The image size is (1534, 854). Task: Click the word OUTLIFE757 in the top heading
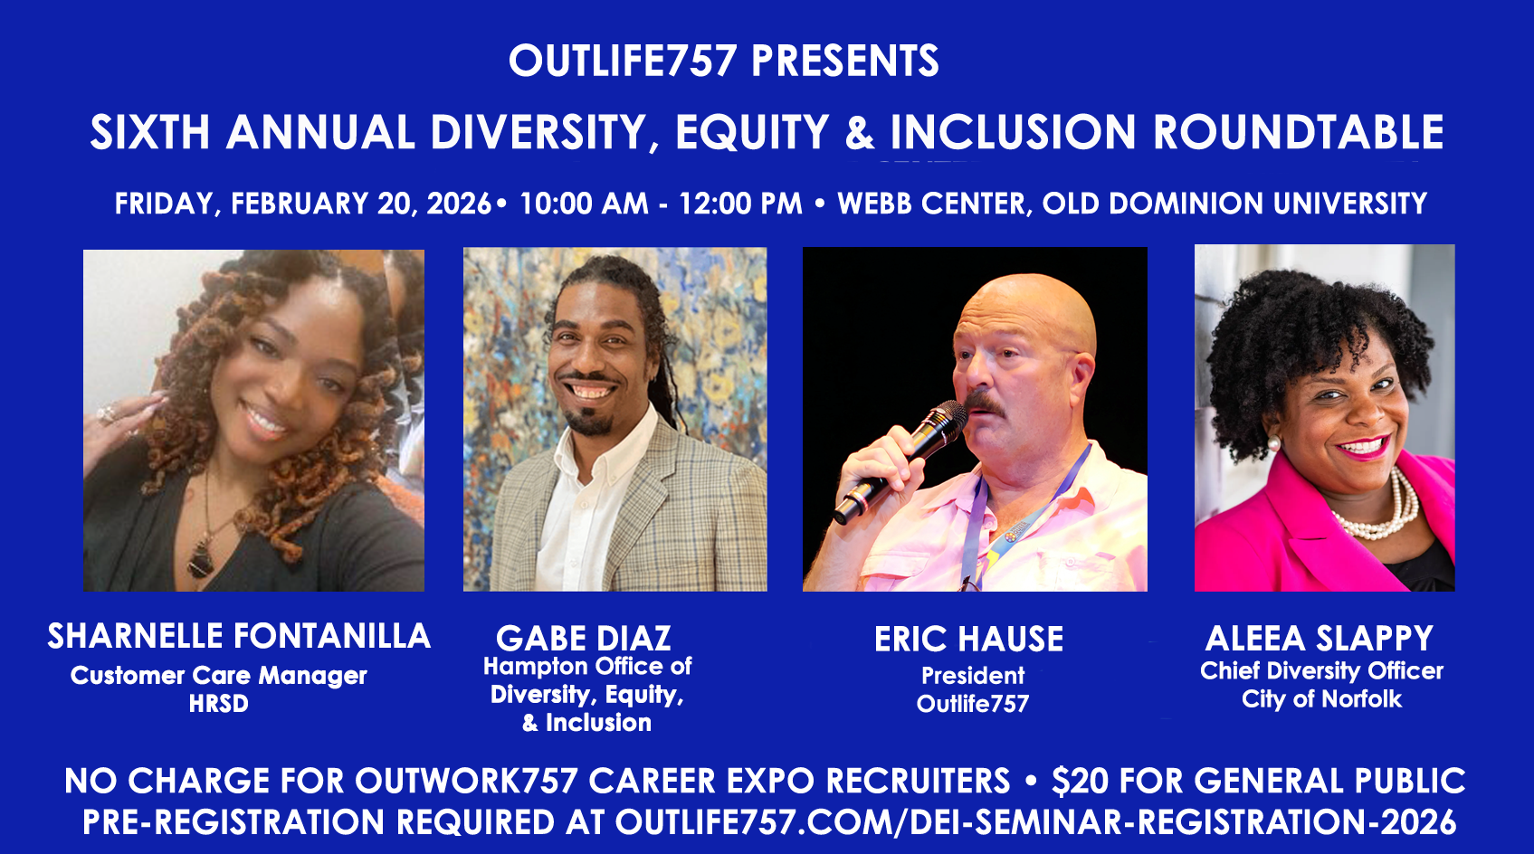pyautogui.click(x=622, y=61)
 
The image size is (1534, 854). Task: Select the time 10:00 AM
pyautogui.click(x=584, y=204)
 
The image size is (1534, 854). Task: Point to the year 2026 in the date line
pyautogui.click(x=459, y=204)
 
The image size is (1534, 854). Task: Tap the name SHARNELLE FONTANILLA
pyautogui.click(x=238, y=636)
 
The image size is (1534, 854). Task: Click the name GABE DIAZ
pyautogui.click(x=584, y=638)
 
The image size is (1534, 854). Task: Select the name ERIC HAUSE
pyautogui.click(x=968, y=639)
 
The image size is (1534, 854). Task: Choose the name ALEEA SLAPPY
pyautogui.click(x=1319, y=638)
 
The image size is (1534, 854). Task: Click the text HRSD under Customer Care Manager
pyautogui.click(x=218, y=704)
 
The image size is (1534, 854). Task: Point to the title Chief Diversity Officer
pyautogui.click(x=1321, y=670)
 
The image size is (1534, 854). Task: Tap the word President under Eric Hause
pyautogui.click(x=973, y=676)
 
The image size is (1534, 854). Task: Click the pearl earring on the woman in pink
pyautogui.click(x=1273, y=443)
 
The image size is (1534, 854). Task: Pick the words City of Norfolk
pyautogui.click(x=1321, y=698)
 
